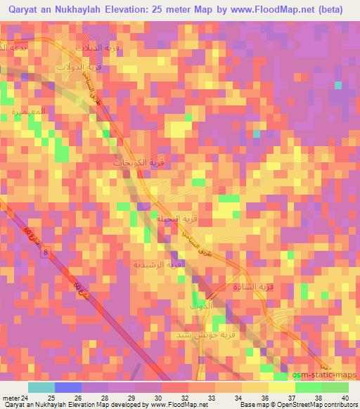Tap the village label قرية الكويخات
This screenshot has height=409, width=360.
click(138, 162)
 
